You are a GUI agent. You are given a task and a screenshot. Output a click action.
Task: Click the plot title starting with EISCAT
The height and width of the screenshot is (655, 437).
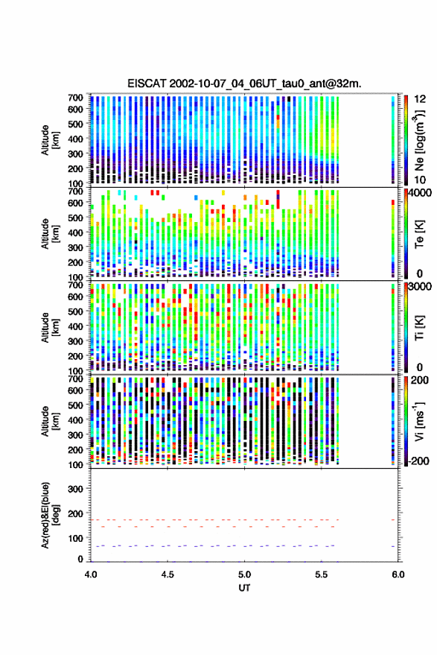point(245,83)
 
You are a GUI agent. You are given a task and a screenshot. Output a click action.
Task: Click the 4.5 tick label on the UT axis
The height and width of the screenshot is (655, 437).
point(168,575)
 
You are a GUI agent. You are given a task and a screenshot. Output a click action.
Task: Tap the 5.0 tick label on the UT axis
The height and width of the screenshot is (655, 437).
point(245,575)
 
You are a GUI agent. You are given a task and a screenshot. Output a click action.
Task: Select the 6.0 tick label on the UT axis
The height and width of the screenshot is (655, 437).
point(398,575)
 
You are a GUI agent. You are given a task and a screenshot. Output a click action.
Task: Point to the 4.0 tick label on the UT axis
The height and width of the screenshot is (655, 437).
point(91,575)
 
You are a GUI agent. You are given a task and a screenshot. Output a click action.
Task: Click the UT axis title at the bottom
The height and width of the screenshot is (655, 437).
point(244,588)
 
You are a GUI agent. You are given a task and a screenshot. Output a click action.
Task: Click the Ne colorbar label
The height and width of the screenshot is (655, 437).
point(419,140)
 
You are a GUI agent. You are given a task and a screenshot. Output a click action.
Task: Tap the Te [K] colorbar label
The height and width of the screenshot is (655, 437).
point(419,234)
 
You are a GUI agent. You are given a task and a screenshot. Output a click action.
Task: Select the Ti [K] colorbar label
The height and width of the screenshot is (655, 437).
point(419,328)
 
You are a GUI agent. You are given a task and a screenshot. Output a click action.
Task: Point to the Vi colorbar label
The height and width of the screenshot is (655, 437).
point(419,422)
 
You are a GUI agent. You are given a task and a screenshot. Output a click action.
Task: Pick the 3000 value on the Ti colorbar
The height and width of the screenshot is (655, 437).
point(420,286)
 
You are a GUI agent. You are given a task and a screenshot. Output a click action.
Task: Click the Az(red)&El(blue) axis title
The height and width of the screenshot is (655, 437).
point(50,515)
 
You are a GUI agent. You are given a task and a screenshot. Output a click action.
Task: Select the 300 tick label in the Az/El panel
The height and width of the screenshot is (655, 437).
point(75,489)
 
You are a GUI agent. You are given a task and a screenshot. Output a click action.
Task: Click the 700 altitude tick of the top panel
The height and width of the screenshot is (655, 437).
point(75,98)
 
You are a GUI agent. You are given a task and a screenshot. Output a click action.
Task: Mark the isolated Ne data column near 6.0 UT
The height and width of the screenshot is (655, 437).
point(393,140)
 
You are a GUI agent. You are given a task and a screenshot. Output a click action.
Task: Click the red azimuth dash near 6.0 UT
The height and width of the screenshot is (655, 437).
point(393,519)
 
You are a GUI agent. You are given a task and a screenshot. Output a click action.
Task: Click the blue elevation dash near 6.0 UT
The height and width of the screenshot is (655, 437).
point(393,546)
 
